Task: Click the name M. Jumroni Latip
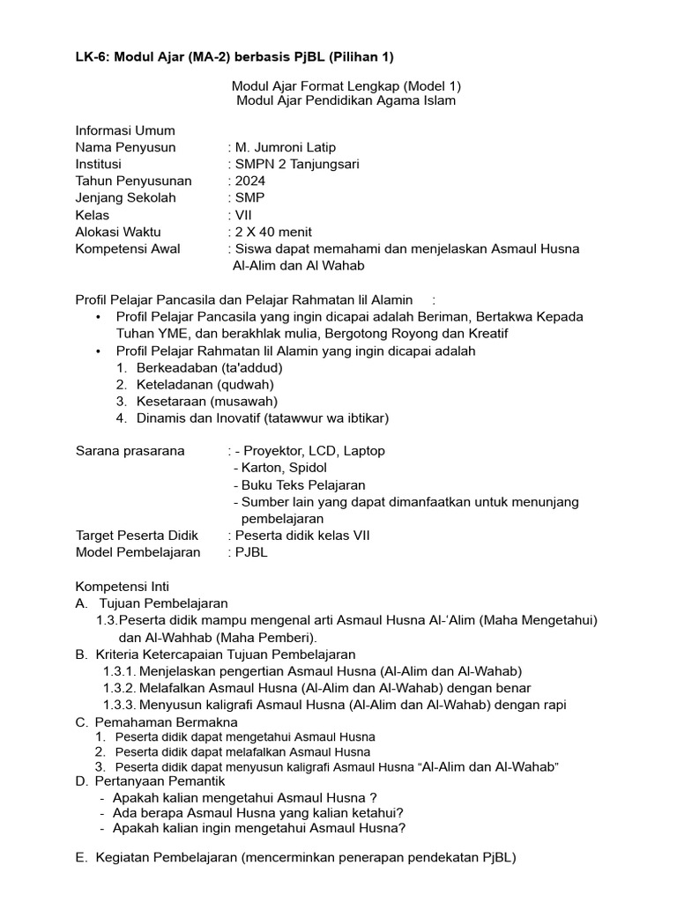coord(285,147)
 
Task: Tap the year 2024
coord(249,181)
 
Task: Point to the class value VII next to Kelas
coord(243,214)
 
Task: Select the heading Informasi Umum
coord(124,130)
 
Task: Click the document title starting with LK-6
coord(234,57)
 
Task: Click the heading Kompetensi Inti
coord(122,586)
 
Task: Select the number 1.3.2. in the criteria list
coord(120,687)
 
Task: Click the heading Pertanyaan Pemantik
coord(161,781)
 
